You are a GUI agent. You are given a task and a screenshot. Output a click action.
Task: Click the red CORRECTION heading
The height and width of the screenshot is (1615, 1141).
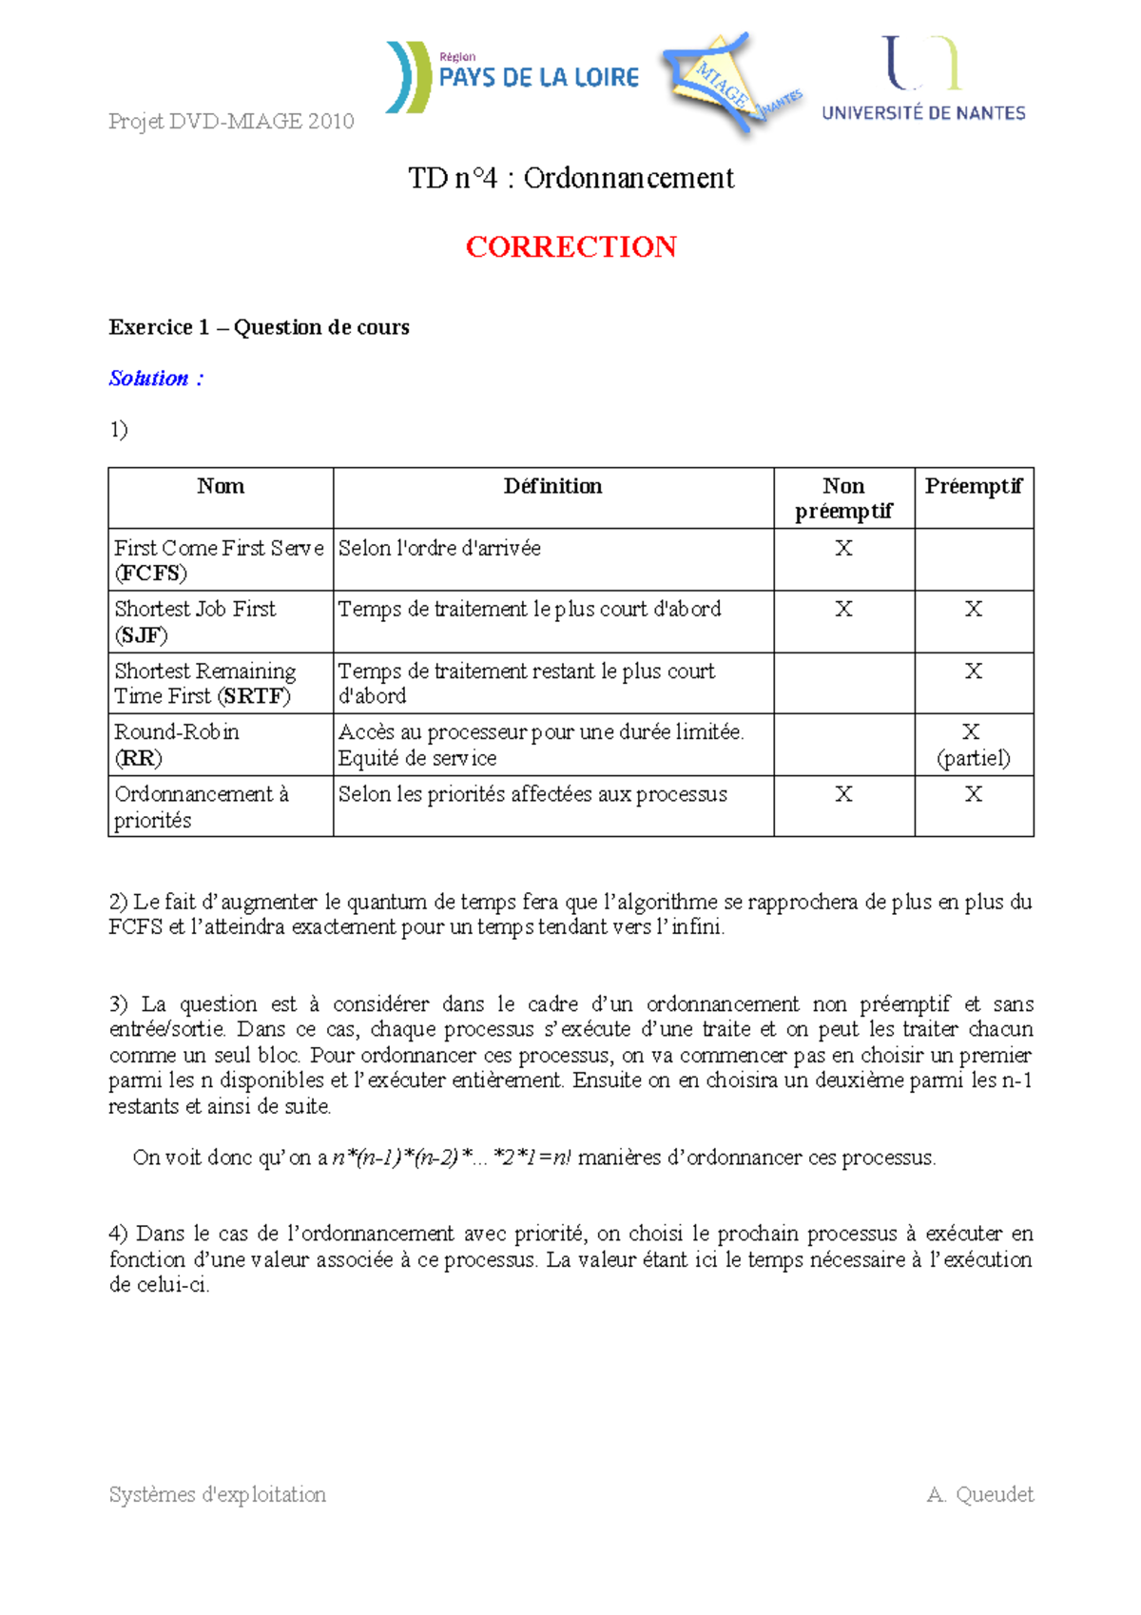coord(570,247)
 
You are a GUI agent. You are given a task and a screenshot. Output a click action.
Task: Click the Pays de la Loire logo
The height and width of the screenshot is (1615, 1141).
coord(513,77)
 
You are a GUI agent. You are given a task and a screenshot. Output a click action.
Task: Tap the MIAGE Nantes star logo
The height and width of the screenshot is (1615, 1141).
coord(730,83)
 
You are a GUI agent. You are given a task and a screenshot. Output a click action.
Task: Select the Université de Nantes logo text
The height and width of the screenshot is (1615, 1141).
coord(923,113)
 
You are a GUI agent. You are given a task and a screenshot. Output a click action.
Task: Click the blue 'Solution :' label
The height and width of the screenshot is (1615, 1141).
coord(156,379)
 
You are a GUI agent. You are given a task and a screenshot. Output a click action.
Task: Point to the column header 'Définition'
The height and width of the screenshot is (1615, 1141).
coord(552,486)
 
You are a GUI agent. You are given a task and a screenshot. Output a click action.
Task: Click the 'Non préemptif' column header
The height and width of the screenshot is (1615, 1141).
coord(843,498)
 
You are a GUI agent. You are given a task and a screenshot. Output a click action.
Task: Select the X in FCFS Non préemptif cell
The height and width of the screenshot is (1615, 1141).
coord(843,548)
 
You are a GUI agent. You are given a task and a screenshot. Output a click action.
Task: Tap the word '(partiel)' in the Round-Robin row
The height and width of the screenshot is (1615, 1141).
coord(973,758)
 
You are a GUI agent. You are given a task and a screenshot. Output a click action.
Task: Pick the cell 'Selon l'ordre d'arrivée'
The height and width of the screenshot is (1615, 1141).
coord(439,548)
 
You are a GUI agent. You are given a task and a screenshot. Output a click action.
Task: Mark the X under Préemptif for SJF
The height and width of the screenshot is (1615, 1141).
coord(973,609)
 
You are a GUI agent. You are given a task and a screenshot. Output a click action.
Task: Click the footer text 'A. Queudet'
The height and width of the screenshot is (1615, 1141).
coord(979,1494)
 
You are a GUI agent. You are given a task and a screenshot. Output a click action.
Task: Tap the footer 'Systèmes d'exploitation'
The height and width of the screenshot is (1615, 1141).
coord(217,1494)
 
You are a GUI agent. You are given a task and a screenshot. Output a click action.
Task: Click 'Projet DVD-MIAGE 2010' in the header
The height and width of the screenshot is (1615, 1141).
coord(231,121)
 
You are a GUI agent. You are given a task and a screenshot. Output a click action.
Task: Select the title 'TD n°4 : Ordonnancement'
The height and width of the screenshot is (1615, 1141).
coord(570,178)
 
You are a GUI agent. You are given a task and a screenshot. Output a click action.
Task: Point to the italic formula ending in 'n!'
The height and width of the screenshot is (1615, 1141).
coord(452,1158)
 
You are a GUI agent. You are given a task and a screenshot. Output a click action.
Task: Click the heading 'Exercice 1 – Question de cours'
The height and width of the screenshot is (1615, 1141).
coord(259,327)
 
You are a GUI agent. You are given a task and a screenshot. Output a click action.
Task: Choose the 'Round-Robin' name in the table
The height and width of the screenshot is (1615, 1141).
coord(177,731)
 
